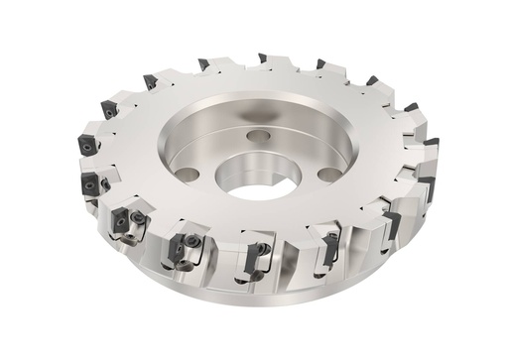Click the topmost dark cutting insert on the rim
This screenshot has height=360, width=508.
coord(263,59)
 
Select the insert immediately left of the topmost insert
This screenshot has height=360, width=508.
coord(204,64)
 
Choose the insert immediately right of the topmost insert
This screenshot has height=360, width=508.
coord(320,64)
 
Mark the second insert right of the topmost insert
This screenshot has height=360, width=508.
coord(371,81)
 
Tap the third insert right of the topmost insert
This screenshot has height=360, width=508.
coord(410,107)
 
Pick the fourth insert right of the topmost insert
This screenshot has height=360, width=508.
coord(432,143)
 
